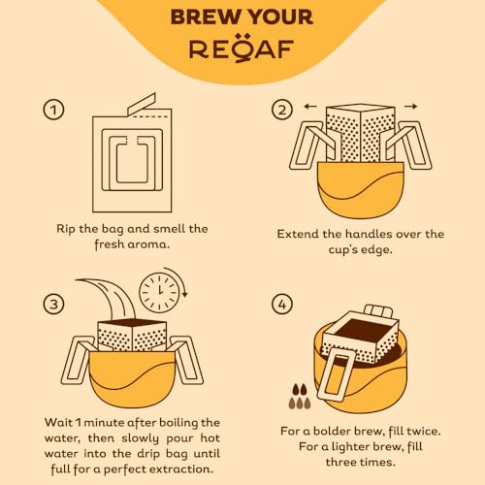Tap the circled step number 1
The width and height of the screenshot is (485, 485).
tap(55, 110)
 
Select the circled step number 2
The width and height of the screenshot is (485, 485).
tap(281, 110)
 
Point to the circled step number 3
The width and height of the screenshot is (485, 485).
tap(55, 305)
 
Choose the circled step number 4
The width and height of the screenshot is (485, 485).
tap(281, 305)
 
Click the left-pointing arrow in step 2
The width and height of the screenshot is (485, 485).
tap(309, 106)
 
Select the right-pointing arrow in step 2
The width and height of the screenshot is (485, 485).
tap(410, 106)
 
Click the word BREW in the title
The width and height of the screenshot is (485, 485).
tap(204, 17)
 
